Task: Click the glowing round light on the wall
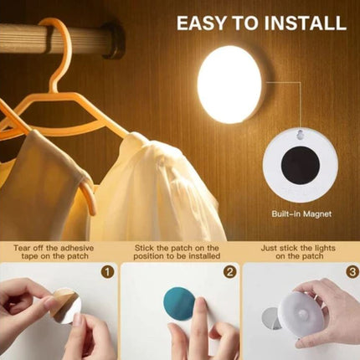click(230, 85)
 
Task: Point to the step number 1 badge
click(106, 272)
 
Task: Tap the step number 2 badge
click(228, 272)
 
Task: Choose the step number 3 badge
click(349, 272)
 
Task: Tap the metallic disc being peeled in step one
click(64, 306)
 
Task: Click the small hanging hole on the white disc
click(299, 135)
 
